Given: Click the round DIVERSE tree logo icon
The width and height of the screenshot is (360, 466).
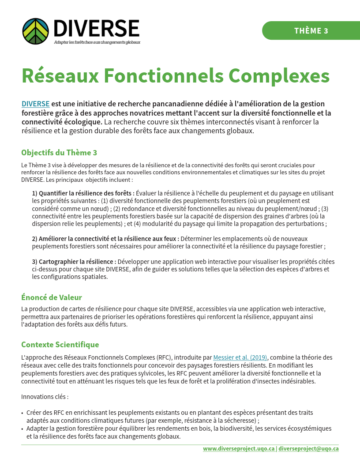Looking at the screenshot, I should [x=35, y=31].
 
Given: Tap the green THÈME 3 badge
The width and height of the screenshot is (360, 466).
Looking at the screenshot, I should [x=311, y=30].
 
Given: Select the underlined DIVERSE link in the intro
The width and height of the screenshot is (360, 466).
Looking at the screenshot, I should [x=35, y=104].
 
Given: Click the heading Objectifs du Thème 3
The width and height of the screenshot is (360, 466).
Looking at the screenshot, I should [x=59, y=153].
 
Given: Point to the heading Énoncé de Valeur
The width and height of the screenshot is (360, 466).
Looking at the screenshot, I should [x=52, y=297].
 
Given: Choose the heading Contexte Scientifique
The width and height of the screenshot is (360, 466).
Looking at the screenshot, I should [x=60, y=345].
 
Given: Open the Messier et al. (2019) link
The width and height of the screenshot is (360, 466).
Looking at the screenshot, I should [x=240, y=357].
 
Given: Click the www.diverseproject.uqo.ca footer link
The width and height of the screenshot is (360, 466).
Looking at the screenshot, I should [x=239, y=448].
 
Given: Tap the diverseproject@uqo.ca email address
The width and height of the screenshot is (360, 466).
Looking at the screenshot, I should [x=308, y=448].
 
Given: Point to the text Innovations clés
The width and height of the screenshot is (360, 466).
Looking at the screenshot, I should [x=45, y=397].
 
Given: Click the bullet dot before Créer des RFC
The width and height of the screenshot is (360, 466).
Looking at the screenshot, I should [x=22, y=413].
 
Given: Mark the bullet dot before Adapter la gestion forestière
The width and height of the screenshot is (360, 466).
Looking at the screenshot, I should [x=22, y=429].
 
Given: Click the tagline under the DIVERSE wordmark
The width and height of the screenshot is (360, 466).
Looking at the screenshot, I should [x=97, y=42].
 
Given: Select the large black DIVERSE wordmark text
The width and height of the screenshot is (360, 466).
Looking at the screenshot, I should [x=96, y=28].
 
